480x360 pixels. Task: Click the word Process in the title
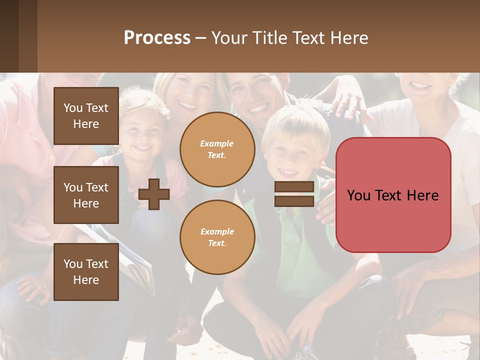click(x=157, y=38)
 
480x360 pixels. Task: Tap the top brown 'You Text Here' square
click(x=86, y=116)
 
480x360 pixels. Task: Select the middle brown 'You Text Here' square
click(x=86, y=195)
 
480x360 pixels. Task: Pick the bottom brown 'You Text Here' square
click(x=86, y=272)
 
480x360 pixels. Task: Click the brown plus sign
click(x=154, y=194)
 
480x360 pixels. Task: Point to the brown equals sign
click(x=294, y=194)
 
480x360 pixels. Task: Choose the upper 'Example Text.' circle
click(x=217, y=149)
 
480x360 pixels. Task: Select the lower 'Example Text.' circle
click(x=217, y=237)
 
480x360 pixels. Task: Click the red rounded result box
click(x=393, y=195)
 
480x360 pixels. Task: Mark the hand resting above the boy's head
click(x=350, y=100)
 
